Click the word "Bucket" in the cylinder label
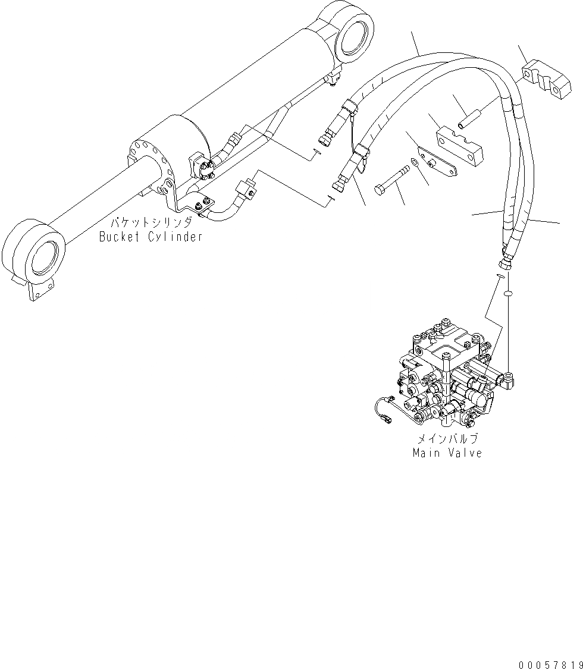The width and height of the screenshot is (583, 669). coord(118,237)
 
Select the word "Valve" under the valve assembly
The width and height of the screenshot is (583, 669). coord(463,453)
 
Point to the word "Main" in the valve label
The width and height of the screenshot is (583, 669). coord(426,453)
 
